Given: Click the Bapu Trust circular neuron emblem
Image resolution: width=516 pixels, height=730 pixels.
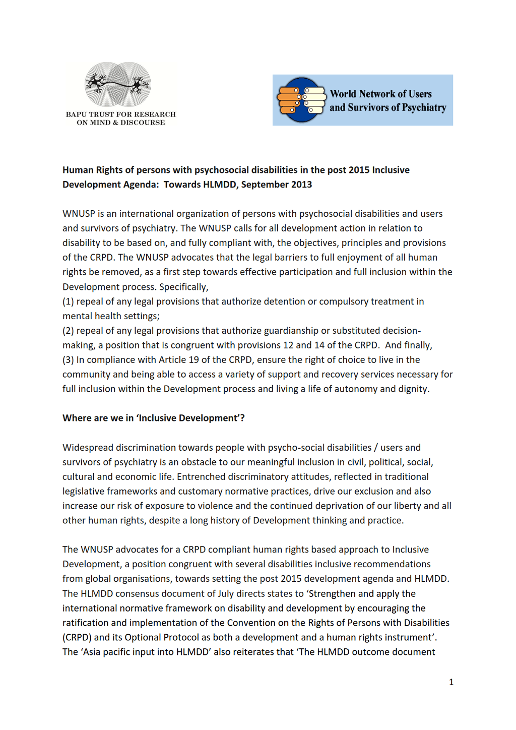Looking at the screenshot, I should click(118, 84).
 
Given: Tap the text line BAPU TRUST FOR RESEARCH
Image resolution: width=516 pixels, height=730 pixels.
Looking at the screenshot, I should click(120, 114).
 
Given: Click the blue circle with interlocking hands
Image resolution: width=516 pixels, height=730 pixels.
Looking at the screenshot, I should click(301, 100).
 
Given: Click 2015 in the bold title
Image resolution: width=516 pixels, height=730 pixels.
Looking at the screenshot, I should click(359, 170).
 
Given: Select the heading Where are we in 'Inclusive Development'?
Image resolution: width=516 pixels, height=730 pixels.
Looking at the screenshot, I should click(153, 418).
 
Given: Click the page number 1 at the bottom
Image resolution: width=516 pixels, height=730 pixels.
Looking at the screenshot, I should click(451, 682).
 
